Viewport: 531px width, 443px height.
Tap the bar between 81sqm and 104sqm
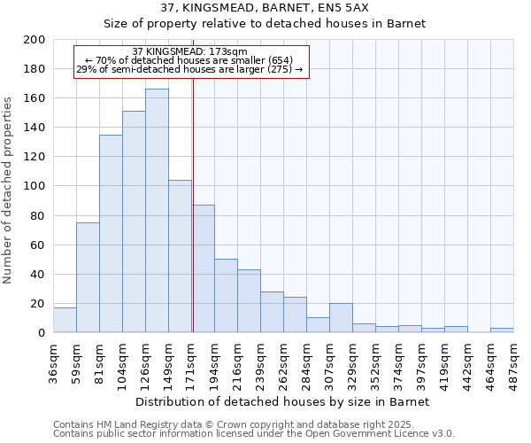[111, 234]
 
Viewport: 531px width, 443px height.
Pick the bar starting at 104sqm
[134, 221]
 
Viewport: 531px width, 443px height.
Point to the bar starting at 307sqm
[341, 318]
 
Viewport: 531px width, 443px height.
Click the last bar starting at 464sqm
[502, 330]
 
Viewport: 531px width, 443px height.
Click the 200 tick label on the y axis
[35, 40]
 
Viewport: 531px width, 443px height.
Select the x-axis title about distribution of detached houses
[283, 401]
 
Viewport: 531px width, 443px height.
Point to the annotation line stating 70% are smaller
[189, 60]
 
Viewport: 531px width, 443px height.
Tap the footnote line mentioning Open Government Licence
[254, 434]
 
